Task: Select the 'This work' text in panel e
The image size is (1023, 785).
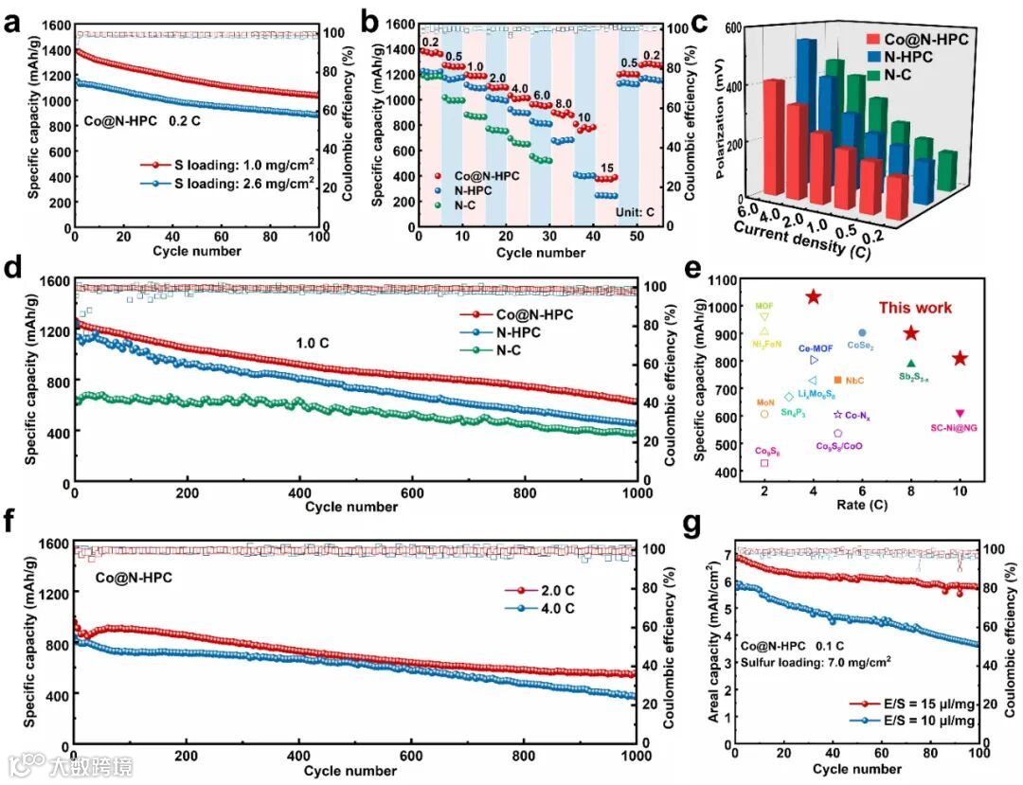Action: point(914,308)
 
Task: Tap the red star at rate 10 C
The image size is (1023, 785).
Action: point(960,358)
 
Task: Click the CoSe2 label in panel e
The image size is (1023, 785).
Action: point(860,347)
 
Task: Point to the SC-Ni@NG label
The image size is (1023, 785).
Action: point(955,428)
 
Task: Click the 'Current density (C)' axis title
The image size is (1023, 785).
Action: point(799,237)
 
